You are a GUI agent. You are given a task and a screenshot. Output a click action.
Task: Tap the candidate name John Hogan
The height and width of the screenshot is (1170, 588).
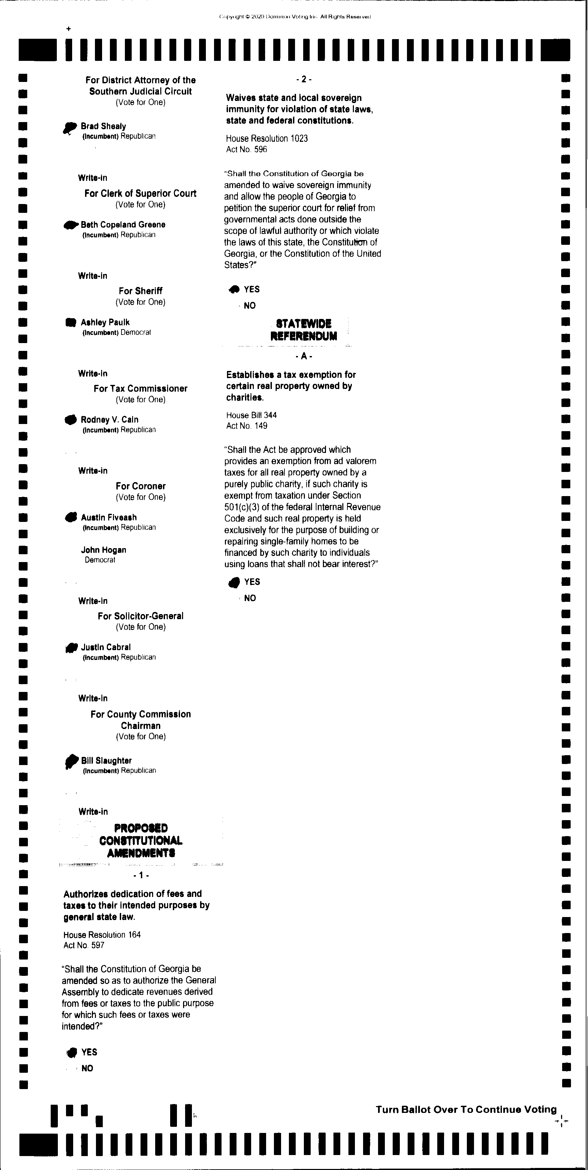[x=103, y=550]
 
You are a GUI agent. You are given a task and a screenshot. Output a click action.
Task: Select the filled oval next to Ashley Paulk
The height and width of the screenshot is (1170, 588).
[x=70, y=322]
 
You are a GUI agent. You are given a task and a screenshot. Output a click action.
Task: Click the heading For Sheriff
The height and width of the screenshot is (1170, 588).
[x=141, y=291]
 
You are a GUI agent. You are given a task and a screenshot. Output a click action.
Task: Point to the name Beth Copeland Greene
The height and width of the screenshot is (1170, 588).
[x=123, y=224]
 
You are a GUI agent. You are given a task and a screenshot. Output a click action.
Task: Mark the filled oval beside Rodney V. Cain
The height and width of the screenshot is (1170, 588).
[x=70, y=420]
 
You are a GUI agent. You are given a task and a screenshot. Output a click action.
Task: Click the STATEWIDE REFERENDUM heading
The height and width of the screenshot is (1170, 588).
[x=304, y=330]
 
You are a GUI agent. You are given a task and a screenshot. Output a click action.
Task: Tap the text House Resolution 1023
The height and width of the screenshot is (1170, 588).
[x=267, y=138]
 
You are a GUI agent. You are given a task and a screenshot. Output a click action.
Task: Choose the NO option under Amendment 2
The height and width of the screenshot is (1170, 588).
[x=249, y=306]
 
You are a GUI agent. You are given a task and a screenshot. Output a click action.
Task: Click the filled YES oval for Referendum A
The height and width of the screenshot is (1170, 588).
[x=234, y=582]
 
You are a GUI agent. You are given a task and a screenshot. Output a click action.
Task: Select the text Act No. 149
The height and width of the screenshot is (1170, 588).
[x=247, y=426]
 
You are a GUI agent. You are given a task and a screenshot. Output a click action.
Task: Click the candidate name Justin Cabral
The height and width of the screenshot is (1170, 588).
[x=105, y=647]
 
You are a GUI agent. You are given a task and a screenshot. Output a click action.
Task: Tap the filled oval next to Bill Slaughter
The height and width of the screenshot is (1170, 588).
[x=71, y=760]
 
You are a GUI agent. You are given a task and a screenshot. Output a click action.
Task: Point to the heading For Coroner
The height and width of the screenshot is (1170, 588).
[x=141, y=486]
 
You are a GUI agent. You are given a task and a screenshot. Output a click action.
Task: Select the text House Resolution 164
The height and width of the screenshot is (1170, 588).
[x=102, y=935]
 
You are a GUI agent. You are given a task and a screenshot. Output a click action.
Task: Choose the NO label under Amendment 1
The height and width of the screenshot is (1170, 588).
[x=87, y=1068]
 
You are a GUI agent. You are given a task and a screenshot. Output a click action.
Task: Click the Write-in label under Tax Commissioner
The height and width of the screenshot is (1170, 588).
[x=93, y=471]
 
